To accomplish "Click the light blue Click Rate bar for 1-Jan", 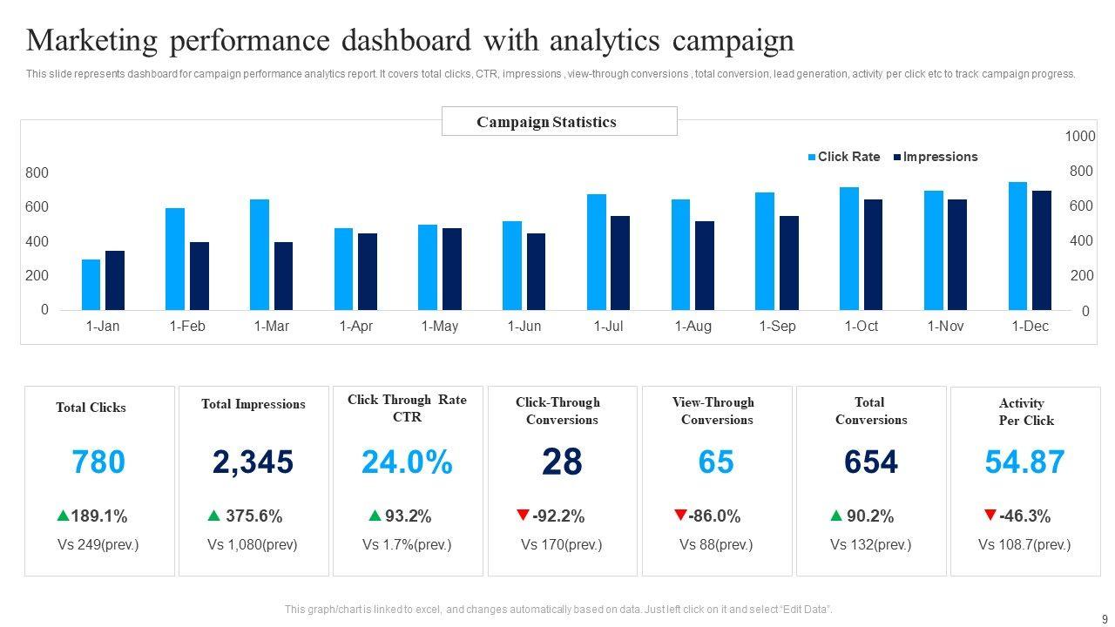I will tap(91, 285).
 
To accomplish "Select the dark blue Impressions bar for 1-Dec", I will tap(1042, 251).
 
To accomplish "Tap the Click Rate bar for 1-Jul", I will tap(596, 253).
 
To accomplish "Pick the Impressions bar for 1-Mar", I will tap(283, 276).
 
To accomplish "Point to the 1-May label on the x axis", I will tap(439, 327).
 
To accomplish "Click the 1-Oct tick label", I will tap(861, 327).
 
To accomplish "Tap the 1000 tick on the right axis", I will tap(1080, 137).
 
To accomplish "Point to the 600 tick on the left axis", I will tap(37, 207).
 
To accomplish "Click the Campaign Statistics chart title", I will tap(546, 122).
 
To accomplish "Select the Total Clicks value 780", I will tap(98, 462).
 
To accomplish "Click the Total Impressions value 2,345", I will tap(253, 462).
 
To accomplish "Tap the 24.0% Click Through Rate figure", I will tap(407, 462).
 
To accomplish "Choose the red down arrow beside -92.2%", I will tap(523, 516).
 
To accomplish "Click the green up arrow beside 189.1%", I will tap(63, 516).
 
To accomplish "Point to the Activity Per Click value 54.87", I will tap(1024, 462).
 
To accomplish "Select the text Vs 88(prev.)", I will tap(716, 545).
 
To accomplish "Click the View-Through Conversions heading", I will tap(715, 411).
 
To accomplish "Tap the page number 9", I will tap(1105, 619).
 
